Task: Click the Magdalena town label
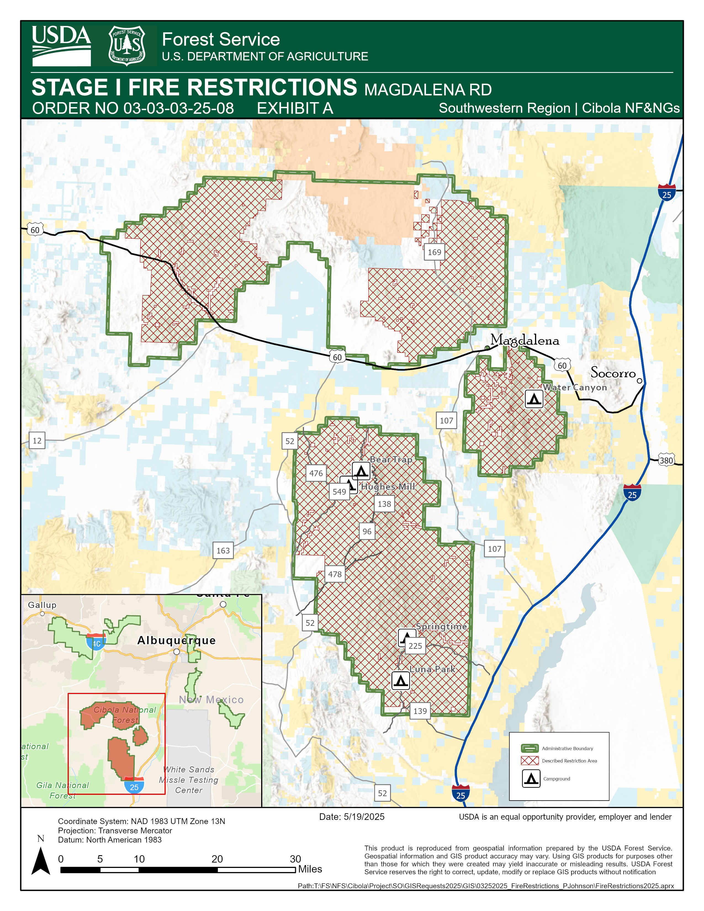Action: point(524,340)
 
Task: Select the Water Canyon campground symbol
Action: point(534,399)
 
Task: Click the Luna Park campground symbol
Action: point(400,680)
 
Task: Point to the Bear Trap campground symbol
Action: point(361,471)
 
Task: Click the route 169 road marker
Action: point(434,252)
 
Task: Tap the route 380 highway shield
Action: point(666,460)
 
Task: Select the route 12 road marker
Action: point(37,441)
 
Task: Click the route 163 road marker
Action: point(223,551)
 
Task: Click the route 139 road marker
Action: point(420,711)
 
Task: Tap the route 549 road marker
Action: point(339,492)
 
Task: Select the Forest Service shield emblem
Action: point(127,46)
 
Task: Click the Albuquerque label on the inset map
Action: point(176,640)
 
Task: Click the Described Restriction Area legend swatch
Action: point(530,761)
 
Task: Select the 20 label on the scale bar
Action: point(217,859)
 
